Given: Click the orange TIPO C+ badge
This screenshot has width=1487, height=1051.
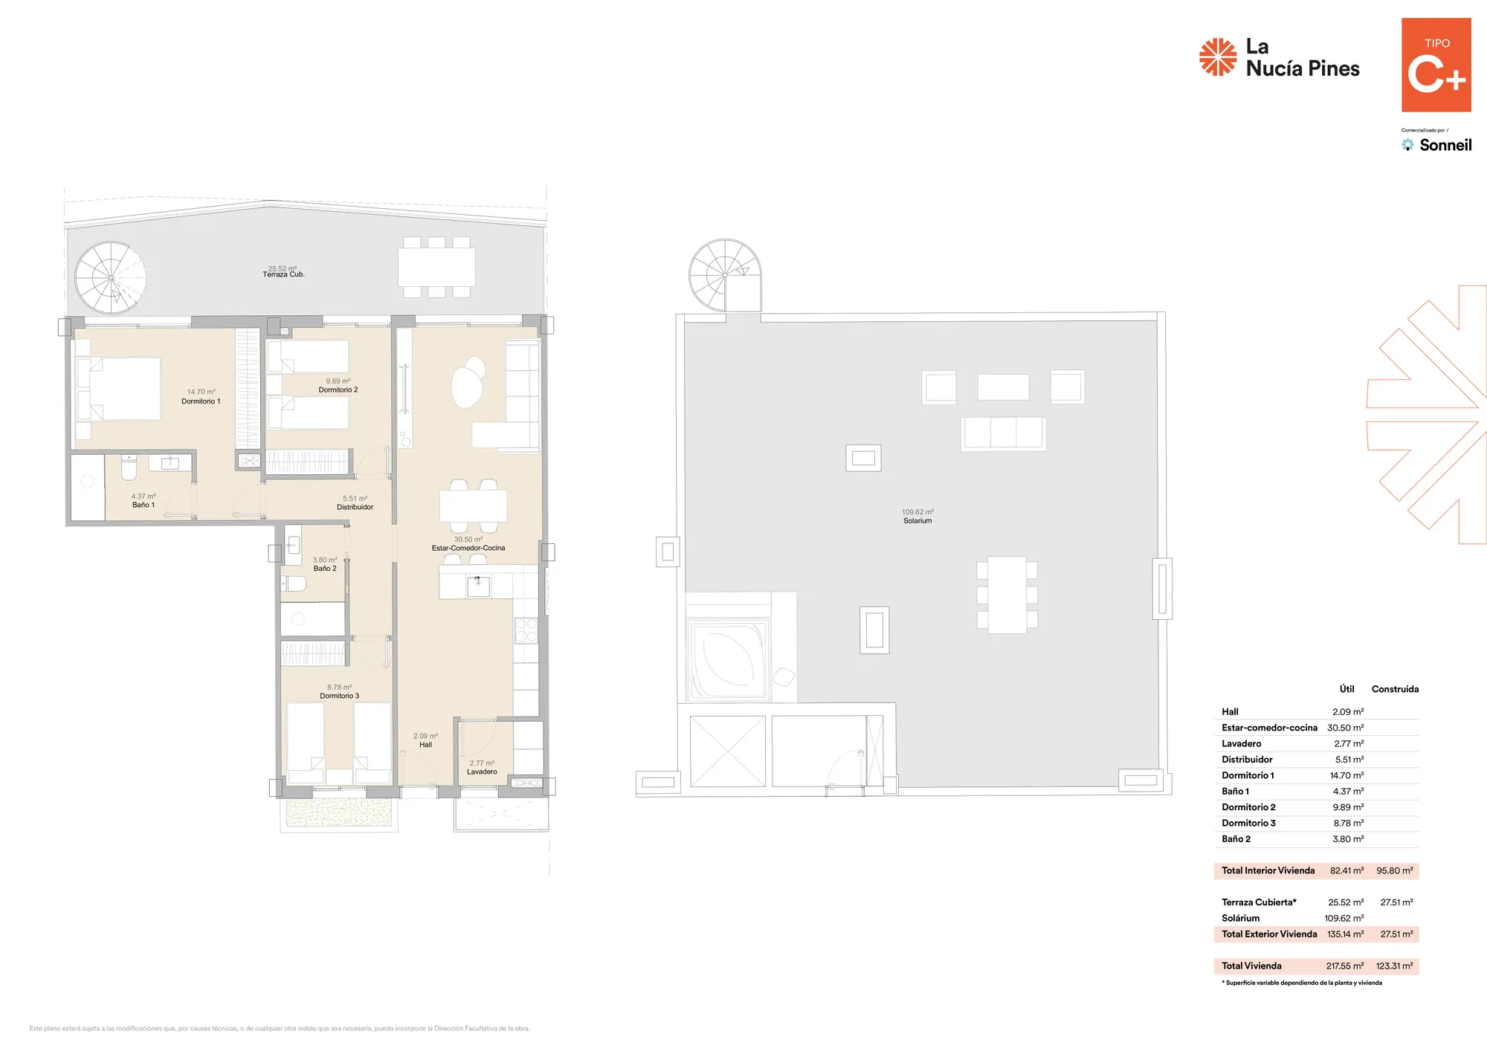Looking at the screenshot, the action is (1436, 65).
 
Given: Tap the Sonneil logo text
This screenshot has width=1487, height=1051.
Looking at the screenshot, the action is (1445, 145).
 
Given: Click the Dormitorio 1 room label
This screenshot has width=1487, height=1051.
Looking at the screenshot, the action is (201, 401).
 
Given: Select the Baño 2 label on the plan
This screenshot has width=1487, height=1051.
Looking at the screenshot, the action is (325, 569).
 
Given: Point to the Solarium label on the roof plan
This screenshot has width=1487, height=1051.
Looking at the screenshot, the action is (917, 521).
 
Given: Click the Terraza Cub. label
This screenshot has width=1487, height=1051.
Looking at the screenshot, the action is (283, 274).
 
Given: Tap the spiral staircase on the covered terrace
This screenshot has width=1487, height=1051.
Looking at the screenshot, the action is (111, 277).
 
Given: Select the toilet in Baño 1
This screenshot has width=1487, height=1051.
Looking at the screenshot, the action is (129, 468).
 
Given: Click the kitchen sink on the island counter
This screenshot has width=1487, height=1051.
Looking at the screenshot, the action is (478, 586).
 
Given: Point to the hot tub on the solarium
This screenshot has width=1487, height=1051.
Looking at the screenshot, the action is (729, 659).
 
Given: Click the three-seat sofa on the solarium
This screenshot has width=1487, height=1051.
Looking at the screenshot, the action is (1003, 433).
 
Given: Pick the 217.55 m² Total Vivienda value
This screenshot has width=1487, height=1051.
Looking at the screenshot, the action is (1345, 966).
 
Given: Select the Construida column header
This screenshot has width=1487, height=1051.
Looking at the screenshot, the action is (1395, 689).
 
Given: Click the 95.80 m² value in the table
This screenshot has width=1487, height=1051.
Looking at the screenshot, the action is (1395, 870).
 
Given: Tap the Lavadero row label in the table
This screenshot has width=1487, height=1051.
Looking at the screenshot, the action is (1242, 743).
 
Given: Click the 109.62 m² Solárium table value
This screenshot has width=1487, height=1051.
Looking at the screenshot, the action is (1344, 919).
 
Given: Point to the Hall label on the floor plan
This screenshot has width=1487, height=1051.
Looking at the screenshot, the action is (425, 745).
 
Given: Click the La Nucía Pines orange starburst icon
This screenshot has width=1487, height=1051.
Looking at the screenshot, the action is (1218, 57).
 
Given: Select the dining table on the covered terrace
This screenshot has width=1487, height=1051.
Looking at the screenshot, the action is (436, 267).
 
